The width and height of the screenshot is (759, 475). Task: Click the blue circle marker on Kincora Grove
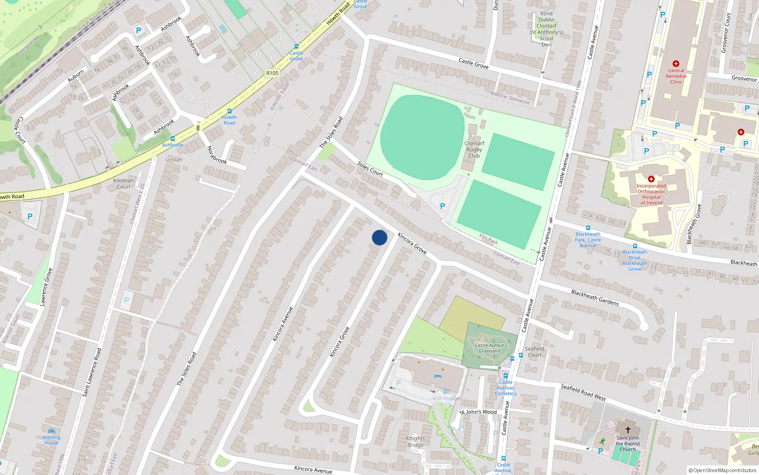tap(379, 237)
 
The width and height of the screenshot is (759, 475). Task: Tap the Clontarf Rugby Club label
tap(474, 149)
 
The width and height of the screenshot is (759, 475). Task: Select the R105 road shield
tap(272, 73)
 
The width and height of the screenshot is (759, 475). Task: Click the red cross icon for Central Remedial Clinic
tap(676, 64)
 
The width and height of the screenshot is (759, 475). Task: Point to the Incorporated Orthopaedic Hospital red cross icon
tap(651, 179)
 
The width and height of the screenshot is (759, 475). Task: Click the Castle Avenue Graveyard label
tap(490, 348)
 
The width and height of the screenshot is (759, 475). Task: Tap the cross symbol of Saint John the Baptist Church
tap(628, 429)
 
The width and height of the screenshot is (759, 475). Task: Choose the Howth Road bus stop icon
tap(230, 111)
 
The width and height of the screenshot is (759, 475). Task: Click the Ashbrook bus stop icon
tap(173, 139)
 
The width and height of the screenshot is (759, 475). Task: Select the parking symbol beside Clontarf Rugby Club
tap(443, 206)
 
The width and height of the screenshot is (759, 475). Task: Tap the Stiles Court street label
tap(370, 169)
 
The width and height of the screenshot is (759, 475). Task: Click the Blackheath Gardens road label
tap(595, 297)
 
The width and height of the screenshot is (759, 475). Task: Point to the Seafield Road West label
tap(583, 392)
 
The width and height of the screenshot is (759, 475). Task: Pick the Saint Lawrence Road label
tap(92, 372)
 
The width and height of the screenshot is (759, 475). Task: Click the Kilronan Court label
tap(123, 183)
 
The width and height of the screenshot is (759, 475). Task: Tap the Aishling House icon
tap(52, 431)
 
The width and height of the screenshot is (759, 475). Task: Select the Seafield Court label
tap(535, 351)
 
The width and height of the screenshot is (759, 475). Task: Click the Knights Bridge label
tap(415, 442)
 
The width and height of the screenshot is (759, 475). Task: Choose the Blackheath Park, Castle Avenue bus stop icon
tap(588, 228)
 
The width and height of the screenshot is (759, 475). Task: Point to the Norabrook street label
tap(217, 155)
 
